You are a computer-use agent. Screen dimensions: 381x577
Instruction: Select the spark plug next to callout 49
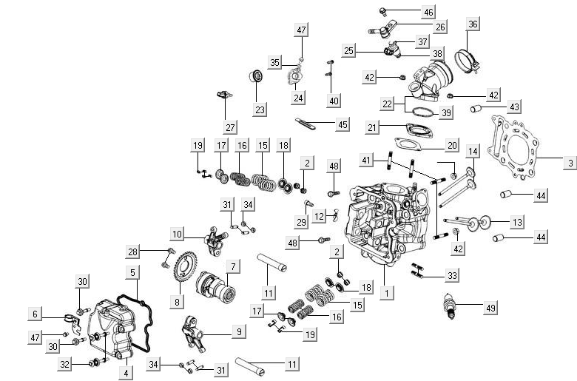(x=449, y=305)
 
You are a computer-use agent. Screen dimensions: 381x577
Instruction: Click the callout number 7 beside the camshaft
(x=232, y=266)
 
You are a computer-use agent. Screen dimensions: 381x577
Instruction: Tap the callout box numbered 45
(x=343, y=124)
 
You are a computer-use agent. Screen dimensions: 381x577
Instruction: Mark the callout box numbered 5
(x=132, y=272)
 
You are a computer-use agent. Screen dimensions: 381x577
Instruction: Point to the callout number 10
(x=177, y=235)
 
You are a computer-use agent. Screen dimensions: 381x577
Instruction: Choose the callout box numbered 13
(x=517, y=222)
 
